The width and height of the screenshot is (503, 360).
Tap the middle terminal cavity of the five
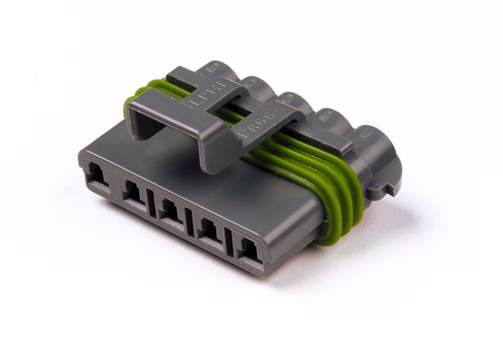pos(170,211)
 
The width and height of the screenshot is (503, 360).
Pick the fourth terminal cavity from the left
pos(210,232)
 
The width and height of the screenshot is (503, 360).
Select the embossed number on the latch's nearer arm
pos(259,127)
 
